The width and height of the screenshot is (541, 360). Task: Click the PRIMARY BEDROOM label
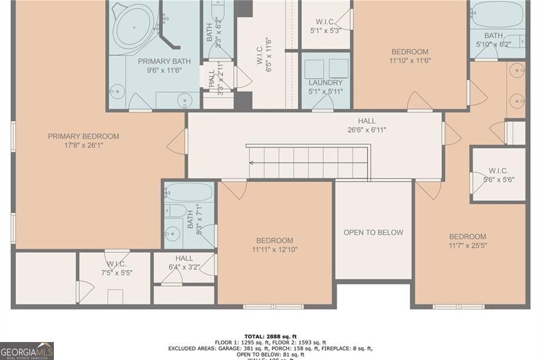coord(83,136)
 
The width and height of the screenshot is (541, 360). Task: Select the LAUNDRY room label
coord(325,82)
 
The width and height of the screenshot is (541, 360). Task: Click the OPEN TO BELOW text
coord(373,232)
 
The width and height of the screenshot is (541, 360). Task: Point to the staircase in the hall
coord(308,162)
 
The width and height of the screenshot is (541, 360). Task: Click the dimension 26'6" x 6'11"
coord(366,130)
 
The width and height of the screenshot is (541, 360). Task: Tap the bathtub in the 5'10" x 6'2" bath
coord(494,16)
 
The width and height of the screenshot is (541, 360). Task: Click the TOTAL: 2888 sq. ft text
coord(270,336)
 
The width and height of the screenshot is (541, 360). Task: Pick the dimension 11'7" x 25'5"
coord(468,245)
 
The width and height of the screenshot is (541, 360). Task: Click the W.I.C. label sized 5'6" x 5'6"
coord(498,171)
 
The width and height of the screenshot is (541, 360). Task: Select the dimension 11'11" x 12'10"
coord(275,249)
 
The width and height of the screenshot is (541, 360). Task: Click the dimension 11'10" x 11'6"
coord(409,60)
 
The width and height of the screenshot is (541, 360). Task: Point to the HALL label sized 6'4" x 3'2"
coord(184,258)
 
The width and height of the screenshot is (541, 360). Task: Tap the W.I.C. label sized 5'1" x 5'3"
coord(324,22)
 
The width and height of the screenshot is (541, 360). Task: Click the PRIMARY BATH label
coord(164,61)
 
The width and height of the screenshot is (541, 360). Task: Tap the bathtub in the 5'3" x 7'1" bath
coord(189,191)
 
